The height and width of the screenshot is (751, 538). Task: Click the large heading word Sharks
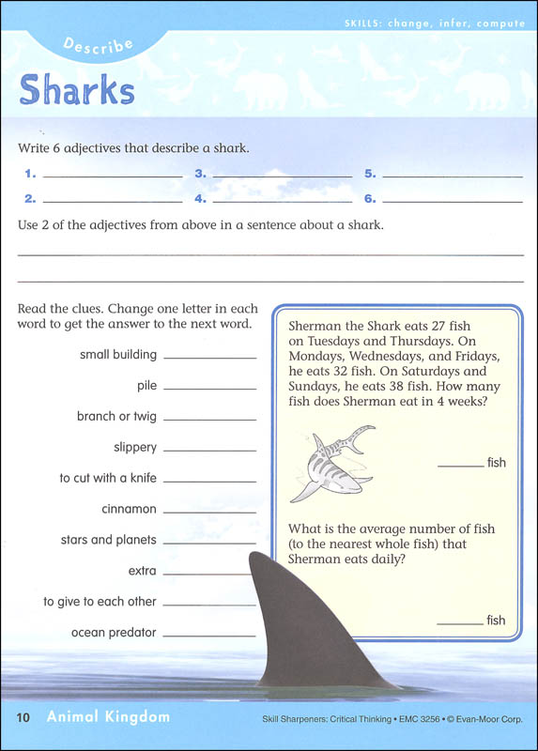tap(77, 90)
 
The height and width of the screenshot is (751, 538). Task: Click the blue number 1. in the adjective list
tap(30, 174)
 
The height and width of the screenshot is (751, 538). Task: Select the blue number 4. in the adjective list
tap(200, 199)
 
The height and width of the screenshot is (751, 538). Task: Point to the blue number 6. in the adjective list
tap(370, 199)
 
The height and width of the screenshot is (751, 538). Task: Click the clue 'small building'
tap(118, 355)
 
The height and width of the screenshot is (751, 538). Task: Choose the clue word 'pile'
tap(146, 386)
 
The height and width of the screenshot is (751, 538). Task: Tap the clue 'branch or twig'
tap(116, 417)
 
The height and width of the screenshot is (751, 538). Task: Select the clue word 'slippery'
tap(135, 448)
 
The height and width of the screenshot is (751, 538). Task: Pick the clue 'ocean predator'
tap(114, 633)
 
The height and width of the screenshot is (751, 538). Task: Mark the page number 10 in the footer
tap(24, 718)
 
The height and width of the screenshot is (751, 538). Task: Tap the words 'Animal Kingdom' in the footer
tap(107, 718)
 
